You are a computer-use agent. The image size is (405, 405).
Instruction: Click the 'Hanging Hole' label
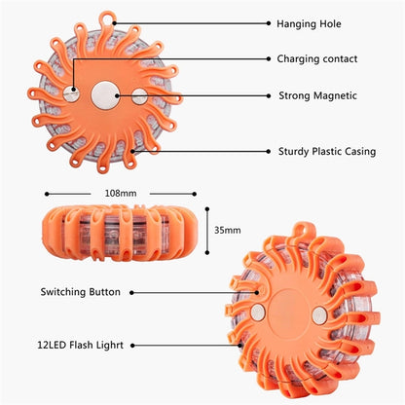tap(309, 24)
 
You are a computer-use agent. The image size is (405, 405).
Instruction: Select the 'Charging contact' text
tap(317, 59)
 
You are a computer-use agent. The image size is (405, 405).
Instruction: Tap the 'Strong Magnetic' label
tap(317, 95)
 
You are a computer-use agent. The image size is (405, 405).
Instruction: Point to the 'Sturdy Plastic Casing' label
tap(327, 152)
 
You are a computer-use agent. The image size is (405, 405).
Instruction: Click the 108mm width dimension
tap(121, 194)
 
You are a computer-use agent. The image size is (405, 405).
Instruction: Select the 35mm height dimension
tap(227, 230)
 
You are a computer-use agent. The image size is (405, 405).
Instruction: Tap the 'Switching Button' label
tap(80, 292)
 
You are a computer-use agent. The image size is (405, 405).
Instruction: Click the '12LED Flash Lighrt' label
tap(80, 345)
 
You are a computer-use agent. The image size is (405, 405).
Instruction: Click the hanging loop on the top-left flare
tap(107, 18)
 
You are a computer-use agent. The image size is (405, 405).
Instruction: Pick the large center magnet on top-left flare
tap(105, 95)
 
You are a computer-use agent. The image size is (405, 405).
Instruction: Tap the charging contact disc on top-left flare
tap(71, 93)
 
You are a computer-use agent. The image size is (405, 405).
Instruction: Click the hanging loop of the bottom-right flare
tap(305, 230)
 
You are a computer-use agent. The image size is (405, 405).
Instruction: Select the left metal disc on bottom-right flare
tap(258, 313)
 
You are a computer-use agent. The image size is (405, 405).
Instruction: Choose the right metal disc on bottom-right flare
tap(319, 315)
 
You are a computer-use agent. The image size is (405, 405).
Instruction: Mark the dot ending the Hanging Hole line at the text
tap(269, 23)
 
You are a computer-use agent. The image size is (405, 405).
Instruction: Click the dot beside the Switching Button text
tap(131, 293)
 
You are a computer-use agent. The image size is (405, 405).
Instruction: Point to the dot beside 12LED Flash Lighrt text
tap(132, 346)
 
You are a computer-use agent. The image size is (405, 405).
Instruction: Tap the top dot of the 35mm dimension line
tap(207, 209)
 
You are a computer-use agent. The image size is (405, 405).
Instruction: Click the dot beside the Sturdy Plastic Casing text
tap(269, 151)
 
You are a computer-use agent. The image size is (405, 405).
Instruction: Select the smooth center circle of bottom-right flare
tap(289, 311)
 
